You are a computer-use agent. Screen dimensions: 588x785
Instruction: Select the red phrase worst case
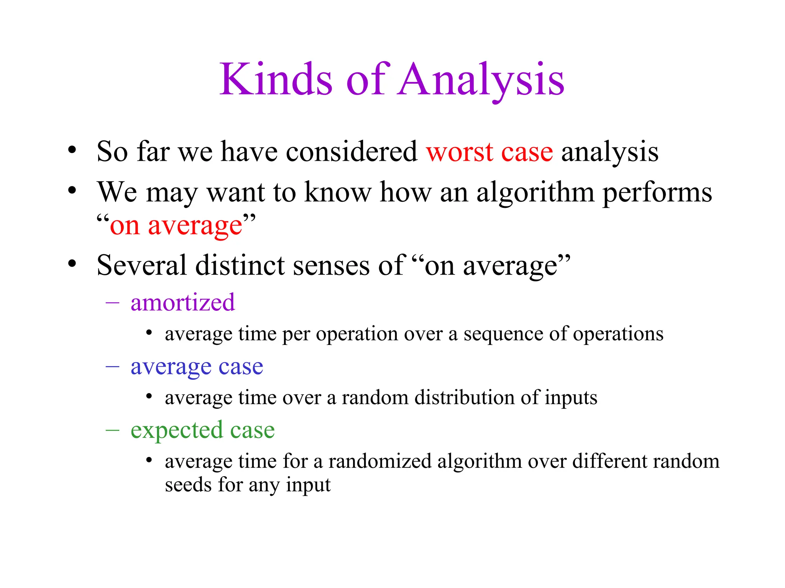click(489, 152)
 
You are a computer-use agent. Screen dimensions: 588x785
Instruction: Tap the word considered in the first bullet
click(351, 152)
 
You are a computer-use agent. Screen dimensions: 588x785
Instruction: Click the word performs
click(657, 193)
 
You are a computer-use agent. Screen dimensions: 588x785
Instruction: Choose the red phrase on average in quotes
click(176, 226)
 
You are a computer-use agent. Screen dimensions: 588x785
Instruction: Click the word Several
click(141, 265)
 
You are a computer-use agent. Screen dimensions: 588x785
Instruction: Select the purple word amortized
click(182, 302)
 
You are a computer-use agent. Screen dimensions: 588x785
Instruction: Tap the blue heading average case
click(197, 367)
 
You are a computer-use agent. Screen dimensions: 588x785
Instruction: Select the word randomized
click(380, 461)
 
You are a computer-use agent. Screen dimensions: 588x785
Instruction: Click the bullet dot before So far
click(72, 150)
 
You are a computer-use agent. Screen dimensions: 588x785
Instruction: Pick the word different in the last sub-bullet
click(610, 461)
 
